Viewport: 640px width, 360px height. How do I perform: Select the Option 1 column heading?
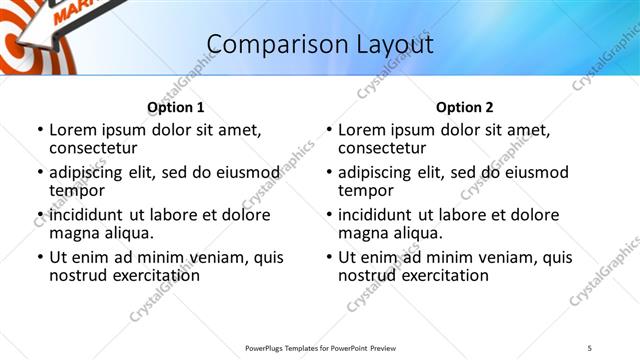pyautogui.click(x=176, y=107)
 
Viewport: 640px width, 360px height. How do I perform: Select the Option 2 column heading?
pyautogui.click(x=465, y=107)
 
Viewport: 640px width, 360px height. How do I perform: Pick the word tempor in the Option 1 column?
pyautogui.click(x=77, y=190)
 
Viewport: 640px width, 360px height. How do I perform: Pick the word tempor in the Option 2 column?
pyautogui.click(x=366, y=190)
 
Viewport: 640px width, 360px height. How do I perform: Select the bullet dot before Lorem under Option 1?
pyautogui.click(x=40, y=131)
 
